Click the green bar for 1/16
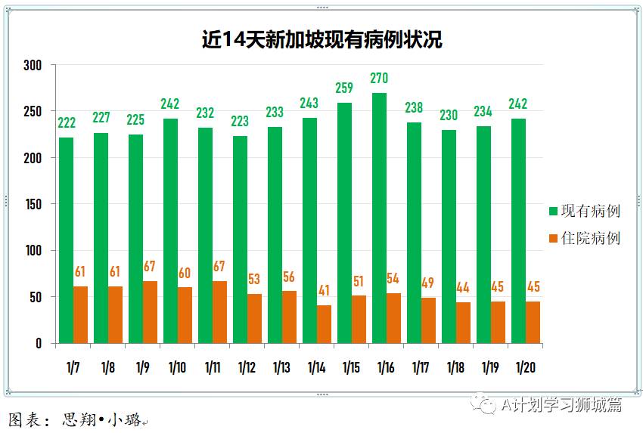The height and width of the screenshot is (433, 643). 379,218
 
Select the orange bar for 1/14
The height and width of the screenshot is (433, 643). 324,324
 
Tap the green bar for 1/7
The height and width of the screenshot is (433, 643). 66,240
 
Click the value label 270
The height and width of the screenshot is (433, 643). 379,78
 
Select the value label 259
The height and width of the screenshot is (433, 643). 344,88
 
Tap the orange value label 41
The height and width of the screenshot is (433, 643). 324,290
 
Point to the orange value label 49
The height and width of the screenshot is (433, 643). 428,283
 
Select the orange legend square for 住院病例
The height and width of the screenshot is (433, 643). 554,239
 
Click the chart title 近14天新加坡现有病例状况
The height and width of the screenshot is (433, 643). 321,39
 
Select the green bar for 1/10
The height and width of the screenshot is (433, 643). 170,231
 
